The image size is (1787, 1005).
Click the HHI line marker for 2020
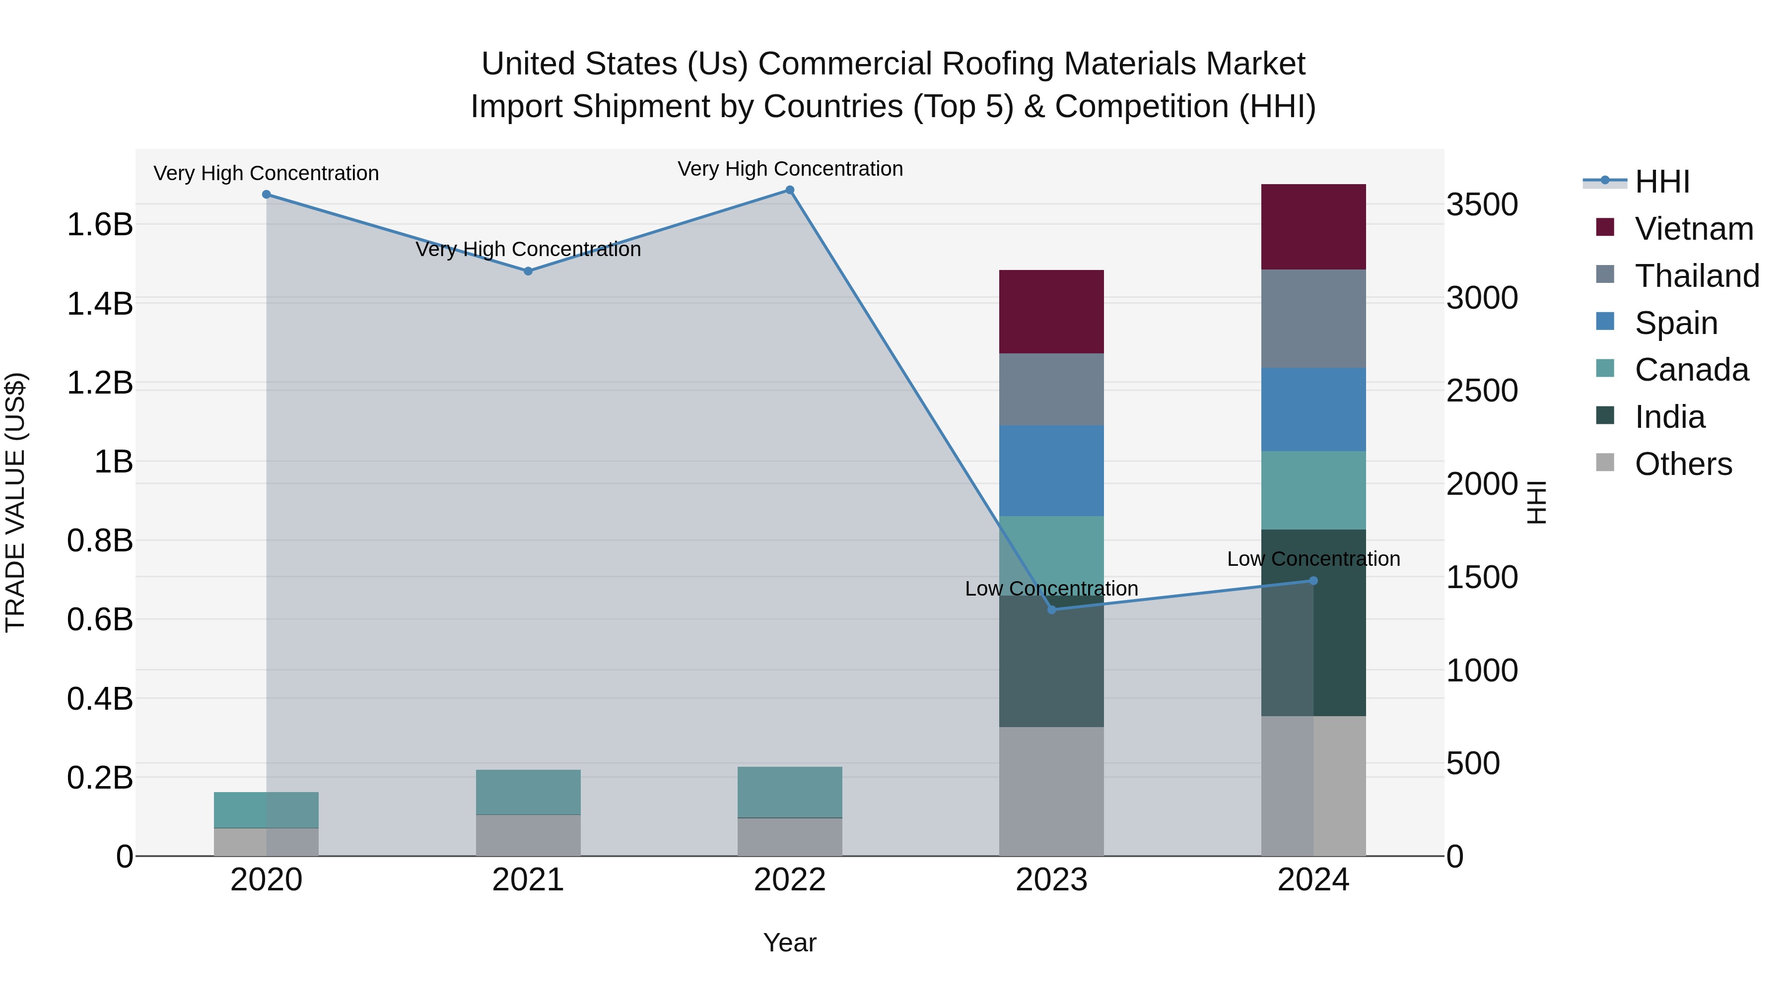coord(267,194)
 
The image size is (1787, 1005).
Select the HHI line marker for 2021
coord(528,271)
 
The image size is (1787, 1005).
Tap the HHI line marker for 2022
coord(789,190)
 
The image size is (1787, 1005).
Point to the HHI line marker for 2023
coord(1051,609)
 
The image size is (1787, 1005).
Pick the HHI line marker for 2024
coord(1312,581)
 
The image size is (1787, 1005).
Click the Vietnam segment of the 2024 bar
coord(1312,227)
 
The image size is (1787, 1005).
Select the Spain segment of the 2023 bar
coord(1051,470)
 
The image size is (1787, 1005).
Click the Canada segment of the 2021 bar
coord(528,792)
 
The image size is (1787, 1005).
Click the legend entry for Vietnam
coord(1693,229)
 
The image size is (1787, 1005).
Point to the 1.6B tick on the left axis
coord(100,225)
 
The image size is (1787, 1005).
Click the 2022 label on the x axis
coord(789,880)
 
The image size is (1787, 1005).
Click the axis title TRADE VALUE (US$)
coord(15,502)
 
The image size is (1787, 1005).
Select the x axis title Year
coord(789,942)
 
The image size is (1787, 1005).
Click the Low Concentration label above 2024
coord(1312,558)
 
